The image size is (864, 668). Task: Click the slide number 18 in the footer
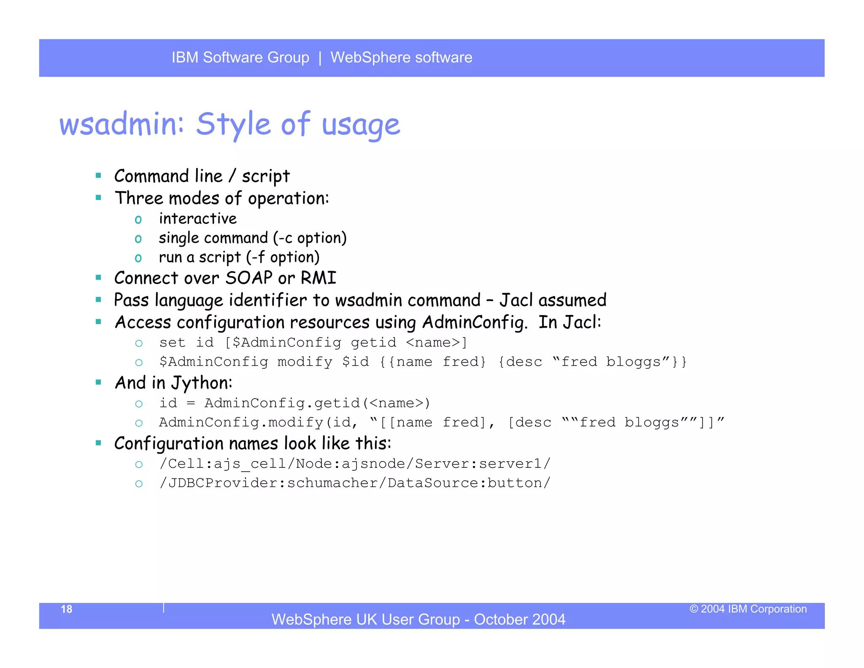pyautogui.click(x=67, y=609)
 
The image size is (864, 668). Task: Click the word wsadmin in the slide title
pyautogui.click(x=121, y=125)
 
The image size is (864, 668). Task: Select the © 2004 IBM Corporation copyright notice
pyautogui.click(x=748, y=609)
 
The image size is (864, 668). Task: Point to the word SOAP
pyautogui.click(x=249, y=278)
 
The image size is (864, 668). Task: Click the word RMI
pyautogui.click(x=319, y=278)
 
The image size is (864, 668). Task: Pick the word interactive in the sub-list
pyautogui.click(x=198, y=219)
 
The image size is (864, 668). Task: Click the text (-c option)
pyautogui.click(x=310, y=238)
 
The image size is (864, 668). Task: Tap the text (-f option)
pyautogui.click(x=283, y=257)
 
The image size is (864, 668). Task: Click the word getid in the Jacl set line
pyautogui.click(x=373, y=342)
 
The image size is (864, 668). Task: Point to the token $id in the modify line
pyautogui.click(x=355, y=362)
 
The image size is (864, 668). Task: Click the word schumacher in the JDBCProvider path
pyautogui.click(x=332, y=483)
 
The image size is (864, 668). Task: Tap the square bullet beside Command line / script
pyautogui.click(x=98, y=176)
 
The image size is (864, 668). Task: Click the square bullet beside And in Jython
pyautogui.click(x=98, y=383)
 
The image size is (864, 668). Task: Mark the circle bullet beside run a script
pyautogui.click(x=138, y=258)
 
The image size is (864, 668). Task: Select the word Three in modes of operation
pyautogui.click(x=139, y=198)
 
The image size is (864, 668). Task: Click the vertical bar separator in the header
pyautogui.click(x=320, y=57)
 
